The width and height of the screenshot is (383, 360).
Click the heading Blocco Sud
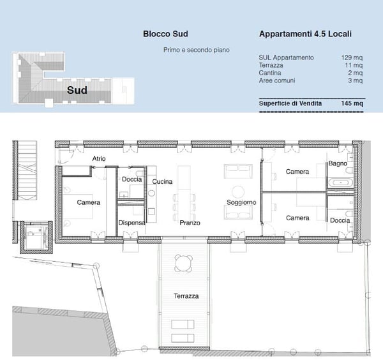point(165,34)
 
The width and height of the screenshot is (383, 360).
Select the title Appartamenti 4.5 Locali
point(306,34)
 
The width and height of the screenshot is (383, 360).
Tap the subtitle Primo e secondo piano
point(196,50)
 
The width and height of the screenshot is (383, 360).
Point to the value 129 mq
point(352,57)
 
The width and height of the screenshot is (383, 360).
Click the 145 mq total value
point(352,103)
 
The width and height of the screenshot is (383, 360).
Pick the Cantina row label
point(270,73)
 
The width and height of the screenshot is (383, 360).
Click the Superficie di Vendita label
point(290,103)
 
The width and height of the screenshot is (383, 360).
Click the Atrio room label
point(99,158)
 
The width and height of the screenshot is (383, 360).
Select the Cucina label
point(162,182)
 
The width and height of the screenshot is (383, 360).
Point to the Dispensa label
point(131,222)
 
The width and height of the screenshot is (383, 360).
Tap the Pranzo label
point(190,223)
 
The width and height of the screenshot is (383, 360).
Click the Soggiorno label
point(241,202)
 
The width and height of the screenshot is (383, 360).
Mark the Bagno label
point(337,164)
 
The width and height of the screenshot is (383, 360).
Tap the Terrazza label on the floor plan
point(186,296)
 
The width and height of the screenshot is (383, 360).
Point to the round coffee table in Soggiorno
point(238,191)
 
